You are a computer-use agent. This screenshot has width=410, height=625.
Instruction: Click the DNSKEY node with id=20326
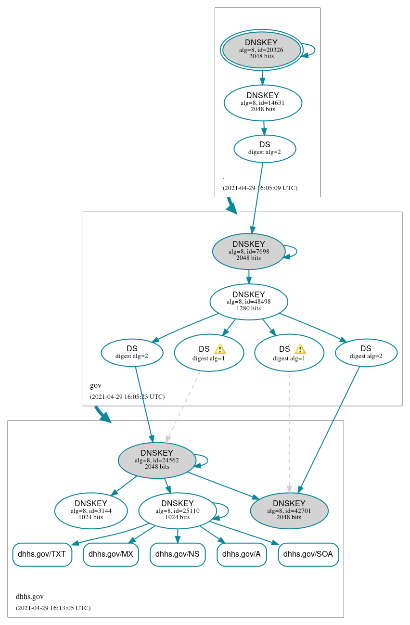click(x=261, y=50)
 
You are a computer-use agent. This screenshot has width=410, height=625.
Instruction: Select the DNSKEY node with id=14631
click(x=263, y=102)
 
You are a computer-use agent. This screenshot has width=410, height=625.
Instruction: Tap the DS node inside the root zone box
click(x=265, y=148)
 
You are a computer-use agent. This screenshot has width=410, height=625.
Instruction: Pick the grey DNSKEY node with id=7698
click(x=249, y=251)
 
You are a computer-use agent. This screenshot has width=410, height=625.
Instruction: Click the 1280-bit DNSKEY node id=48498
click(x=249, y=302)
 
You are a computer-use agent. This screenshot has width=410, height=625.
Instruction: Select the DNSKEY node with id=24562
click(x=157, y=460)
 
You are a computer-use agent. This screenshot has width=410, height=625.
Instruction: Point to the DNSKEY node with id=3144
click(x=91, y=510)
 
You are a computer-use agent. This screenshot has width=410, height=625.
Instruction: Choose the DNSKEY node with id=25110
click(x=178, y=510)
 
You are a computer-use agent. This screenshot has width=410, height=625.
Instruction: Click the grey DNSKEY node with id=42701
click(x=289, y=510)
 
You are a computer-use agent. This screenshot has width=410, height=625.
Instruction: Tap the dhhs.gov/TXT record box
click(x=42, y=554)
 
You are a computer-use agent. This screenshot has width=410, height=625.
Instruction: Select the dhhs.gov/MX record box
click(x=111, y=554)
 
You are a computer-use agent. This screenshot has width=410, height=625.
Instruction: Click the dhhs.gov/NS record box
click(x=178, y=554)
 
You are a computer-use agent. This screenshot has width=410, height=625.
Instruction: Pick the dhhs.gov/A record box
click(x=242, y=554)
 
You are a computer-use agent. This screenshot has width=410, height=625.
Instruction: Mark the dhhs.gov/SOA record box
click(x=308, y=554)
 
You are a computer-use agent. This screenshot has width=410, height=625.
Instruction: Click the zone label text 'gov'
click(x=95, y=385)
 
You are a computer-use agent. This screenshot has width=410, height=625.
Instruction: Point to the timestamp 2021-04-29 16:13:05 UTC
click(x=53, y=608)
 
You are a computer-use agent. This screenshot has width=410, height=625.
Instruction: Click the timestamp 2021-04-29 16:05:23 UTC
click(x=127, y=397)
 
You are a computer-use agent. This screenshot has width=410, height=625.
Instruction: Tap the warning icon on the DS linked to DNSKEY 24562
click(x=219, y=349)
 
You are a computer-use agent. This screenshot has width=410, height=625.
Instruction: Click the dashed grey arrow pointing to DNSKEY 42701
click(x=289, y=433)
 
